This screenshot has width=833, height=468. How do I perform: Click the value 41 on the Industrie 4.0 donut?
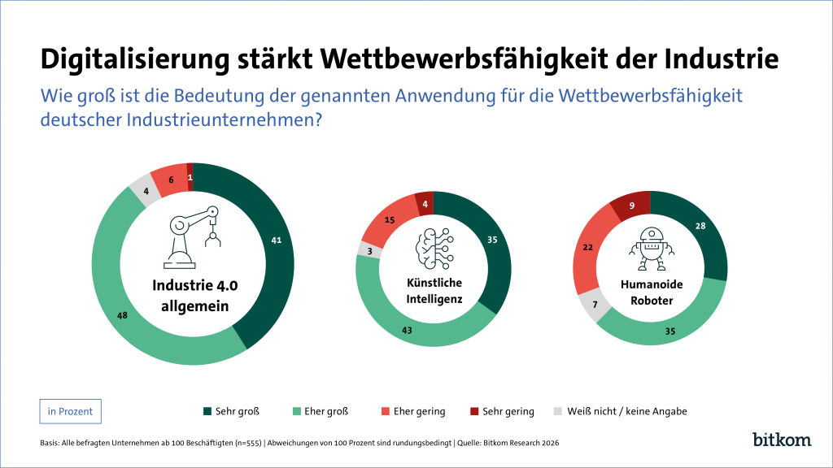point(277,240)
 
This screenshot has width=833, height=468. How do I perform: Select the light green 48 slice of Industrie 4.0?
point(122,316)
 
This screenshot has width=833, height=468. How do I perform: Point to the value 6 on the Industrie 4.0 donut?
point(171,180)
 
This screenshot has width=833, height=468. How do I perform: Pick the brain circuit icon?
point(434,249)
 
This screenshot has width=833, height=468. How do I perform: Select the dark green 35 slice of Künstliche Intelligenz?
point(492,240)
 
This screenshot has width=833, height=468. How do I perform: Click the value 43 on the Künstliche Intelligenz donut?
point(407,331)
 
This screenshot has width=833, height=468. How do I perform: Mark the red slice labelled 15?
point(390,219)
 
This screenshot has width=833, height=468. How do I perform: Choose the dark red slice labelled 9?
point(631,206)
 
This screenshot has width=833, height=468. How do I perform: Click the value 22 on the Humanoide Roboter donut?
point(587,247)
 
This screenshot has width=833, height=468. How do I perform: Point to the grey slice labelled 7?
point(595,305)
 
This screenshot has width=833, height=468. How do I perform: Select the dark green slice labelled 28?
point(700,226)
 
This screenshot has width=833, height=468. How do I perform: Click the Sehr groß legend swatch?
point(207,411)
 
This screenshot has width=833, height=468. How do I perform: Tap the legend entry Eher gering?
point(413,411)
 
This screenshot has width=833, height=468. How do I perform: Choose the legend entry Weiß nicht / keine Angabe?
point(620,411)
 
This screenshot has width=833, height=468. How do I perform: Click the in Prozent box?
point(70,411)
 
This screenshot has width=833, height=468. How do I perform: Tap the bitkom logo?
point(782,439)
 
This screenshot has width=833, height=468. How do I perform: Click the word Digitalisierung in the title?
point(135,59)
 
